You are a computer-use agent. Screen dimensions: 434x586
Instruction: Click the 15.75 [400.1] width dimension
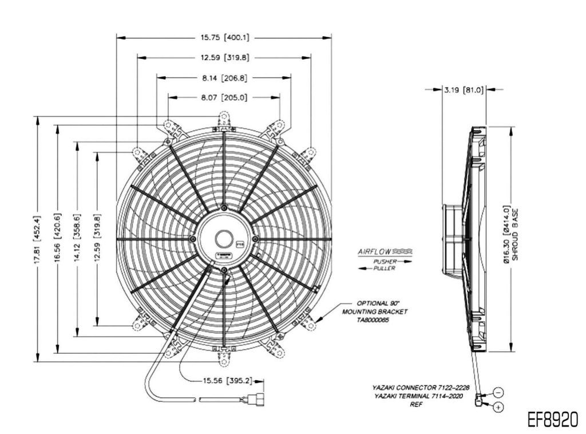click(x=224, y=38)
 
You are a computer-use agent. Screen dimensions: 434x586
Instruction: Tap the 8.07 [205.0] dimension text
click(x=224, y=98)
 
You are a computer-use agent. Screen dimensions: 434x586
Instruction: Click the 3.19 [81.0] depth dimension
click(x=464, y=90)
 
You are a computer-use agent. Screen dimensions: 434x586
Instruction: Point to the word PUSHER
click(x=385, y=261)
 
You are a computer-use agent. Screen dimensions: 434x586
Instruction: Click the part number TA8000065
click(x=373, y=321)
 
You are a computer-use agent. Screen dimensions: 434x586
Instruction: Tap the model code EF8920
click(x=552, y=419)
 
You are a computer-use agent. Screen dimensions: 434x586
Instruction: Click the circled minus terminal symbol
click(x=498, y=392)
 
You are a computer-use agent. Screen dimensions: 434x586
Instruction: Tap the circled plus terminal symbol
click(x=498, y=407)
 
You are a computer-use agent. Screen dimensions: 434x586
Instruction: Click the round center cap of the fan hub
click(x=224, y=238)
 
